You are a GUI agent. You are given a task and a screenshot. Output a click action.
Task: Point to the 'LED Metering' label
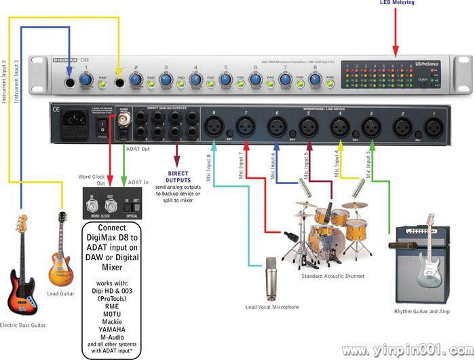pos(397,4)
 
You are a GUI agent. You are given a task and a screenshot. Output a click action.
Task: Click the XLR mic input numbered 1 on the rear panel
pos(432,126)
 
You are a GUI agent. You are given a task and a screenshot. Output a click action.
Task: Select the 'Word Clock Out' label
pos(91,179)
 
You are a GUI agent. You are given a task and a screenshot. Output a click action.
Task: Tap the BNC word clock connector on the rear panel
pos(123,122)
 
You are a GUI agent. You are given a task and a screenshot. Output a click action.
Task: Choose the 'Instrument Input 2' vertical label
pos(5,82)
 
